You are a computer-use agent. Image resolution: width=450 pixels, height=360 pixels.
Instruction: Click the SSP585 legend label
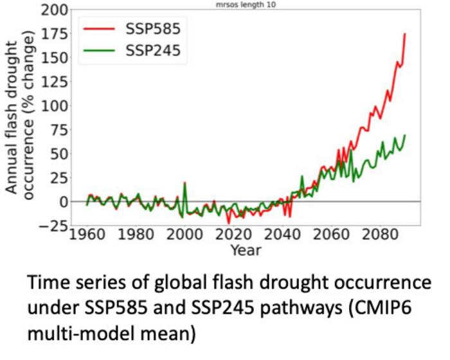pyautogui.click(x=154, y=29)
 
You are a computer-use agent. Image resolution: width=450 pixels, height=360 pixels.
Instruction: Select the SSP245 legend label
pyautogui.click(x=154, y=54)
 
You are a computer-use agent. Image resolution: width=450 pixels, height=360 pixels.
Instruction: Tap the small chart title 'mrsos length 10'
pyautogui.click(x=246, y=4)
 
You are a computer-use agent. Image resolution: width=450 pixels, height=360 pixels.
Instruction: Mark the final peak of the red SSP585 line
pyautogui.click(x=405, y=33)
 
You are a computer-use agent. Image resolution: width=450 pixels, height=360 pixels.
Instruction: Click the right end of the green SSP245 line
pyautogui.click(x=405, y=136)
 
